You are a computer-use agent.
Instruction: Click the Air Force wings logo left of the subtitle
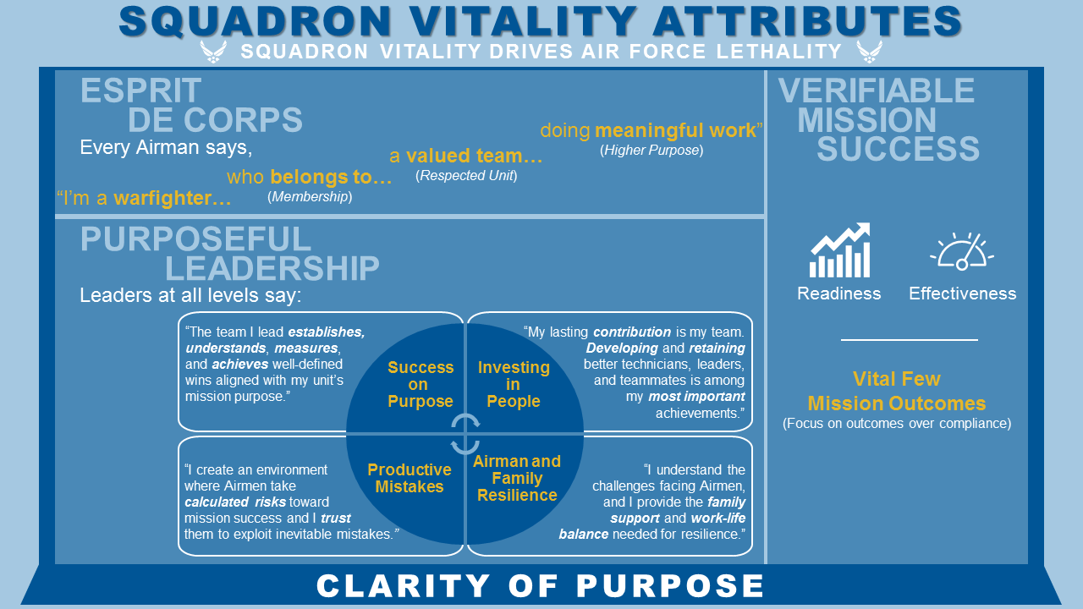tap(212, 52)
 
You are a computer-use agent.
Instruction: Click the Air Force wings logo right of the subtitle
tap(869, 52)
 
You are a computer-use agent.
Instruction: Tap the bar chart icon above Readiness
tap(840, 250)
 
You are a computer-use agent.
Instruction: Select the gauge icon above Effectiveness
tap(962, 251)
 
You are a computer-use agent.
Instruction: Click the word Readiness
tap(838, 294)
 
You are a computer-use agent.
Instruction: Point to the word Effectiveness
tap(962, 294)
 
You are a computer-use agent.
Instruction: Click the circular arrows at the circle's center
tap(465, 434)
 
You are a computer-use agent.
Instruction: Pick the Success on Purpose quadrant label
tap(421, 384)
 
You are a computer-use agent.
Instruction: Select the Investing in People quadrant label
tap(514, 384)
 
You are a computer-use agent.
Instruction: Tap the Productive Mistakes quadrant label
tap(409, 478)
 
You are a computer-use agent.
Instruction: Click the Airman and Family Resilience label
tap(517, 478)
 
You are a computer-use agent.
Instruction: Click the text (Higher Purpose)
tap(651, 151)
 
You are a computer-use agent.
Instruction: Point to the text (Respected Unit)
tap(466, 175)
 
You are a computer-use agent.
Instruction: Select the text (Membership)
tap(310, 197)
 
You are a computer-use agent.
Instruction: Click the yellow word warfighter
tap(172, 198)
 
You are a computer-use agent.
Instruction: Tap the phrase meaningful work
tap(676, 130)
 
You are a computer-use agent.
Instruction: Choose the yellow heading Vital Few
tap(897, 379)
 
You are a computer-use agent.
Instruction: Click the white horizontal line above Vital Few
tap(909, 340)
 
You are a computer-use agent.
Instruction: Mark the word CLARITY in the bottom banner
tap(404, 586)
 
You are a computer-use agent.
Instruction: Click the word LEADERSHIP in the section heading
tap(272, 268)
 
